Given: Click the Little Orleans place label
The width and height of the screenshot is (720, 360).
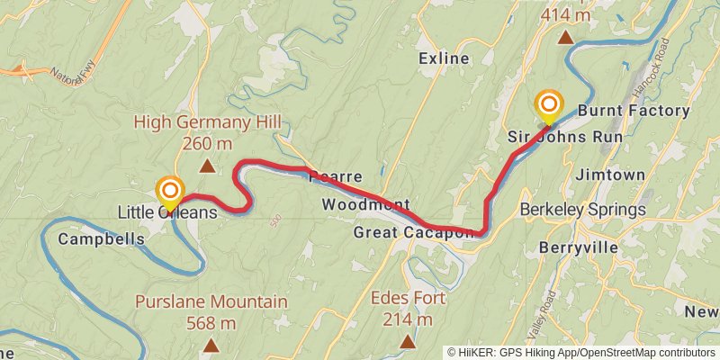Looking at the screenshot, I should pyautogui.click(x=168, y=212).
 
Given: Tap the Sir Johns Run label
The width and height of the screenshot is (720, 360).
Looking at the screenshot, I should pyautogui.click(x=565, y=137).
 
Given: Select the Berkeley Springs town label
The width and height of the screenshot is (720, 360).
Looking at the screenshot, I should pyautogui.click(x=583, y=210).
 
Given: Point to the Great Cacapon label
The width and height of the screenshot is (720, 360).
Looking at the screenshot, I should pyautogui.click(x=413, y=233).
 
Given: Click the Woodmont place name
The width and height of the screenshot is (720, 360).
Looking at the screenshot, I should pyautogui.click(x=366, y=204).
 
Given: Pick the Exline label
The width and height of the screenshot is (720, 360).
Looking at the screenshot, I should pyautogui.click(x=445, y=58).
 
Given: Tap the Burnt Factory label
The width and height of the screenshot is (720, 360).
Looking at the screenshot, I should pyautogui.click(x=634, y=111).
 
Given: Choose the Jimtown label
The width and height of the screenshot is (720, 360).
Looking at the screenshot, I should pyautogui.click(x=610, y=173).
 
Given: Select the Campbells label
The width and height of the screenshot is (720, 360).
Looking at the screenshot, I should pyautogui.click(x=102, y=239).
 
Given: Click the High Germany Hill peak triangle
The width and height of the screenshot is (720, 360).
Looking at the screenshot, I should pyautogui.click(x=207, y=166).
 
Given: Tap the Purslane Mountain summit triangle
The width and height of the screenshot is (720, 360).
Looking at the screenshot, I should pyautogui.click(x=211, y=345).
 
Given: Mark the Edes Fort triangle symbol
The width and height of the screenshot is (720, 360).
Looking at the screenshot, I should pyautogui.click(x=408, y=341).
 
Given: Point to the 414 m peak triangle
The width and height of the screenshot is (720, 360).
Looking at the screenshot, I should pyautogui.click(x=565, y=37).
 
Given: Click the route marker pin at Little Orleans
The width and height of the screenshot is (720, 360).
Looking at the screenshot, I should pyautogui.click(x=169, y=192).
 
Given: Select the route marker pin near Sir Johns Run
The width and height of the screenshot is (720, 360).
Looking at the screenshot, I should pyautogui.click(x=548, y=104).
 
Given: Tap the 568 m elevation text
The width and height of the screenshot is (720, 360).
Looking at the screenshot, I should pyautogui.click(x=211, y=323).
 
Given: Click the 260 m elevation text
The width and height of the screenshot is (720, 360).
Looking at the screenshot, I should pyautogui.click(x=208, y=143).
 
